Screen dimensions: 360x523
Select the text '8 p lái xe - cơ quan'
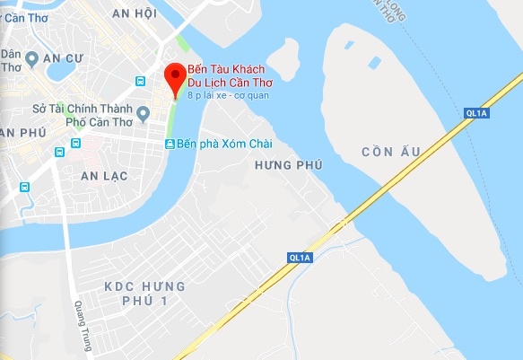click(228, 94)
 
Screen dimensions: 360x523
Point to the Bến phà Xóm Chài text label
click(223, 145)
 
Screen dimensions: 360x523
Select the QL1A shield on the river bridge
click(477, 113)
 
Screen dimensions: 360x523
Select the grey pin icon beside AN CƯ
click(31, 59)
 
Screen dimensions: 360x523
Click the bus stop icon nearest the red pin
click(140, 81)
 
